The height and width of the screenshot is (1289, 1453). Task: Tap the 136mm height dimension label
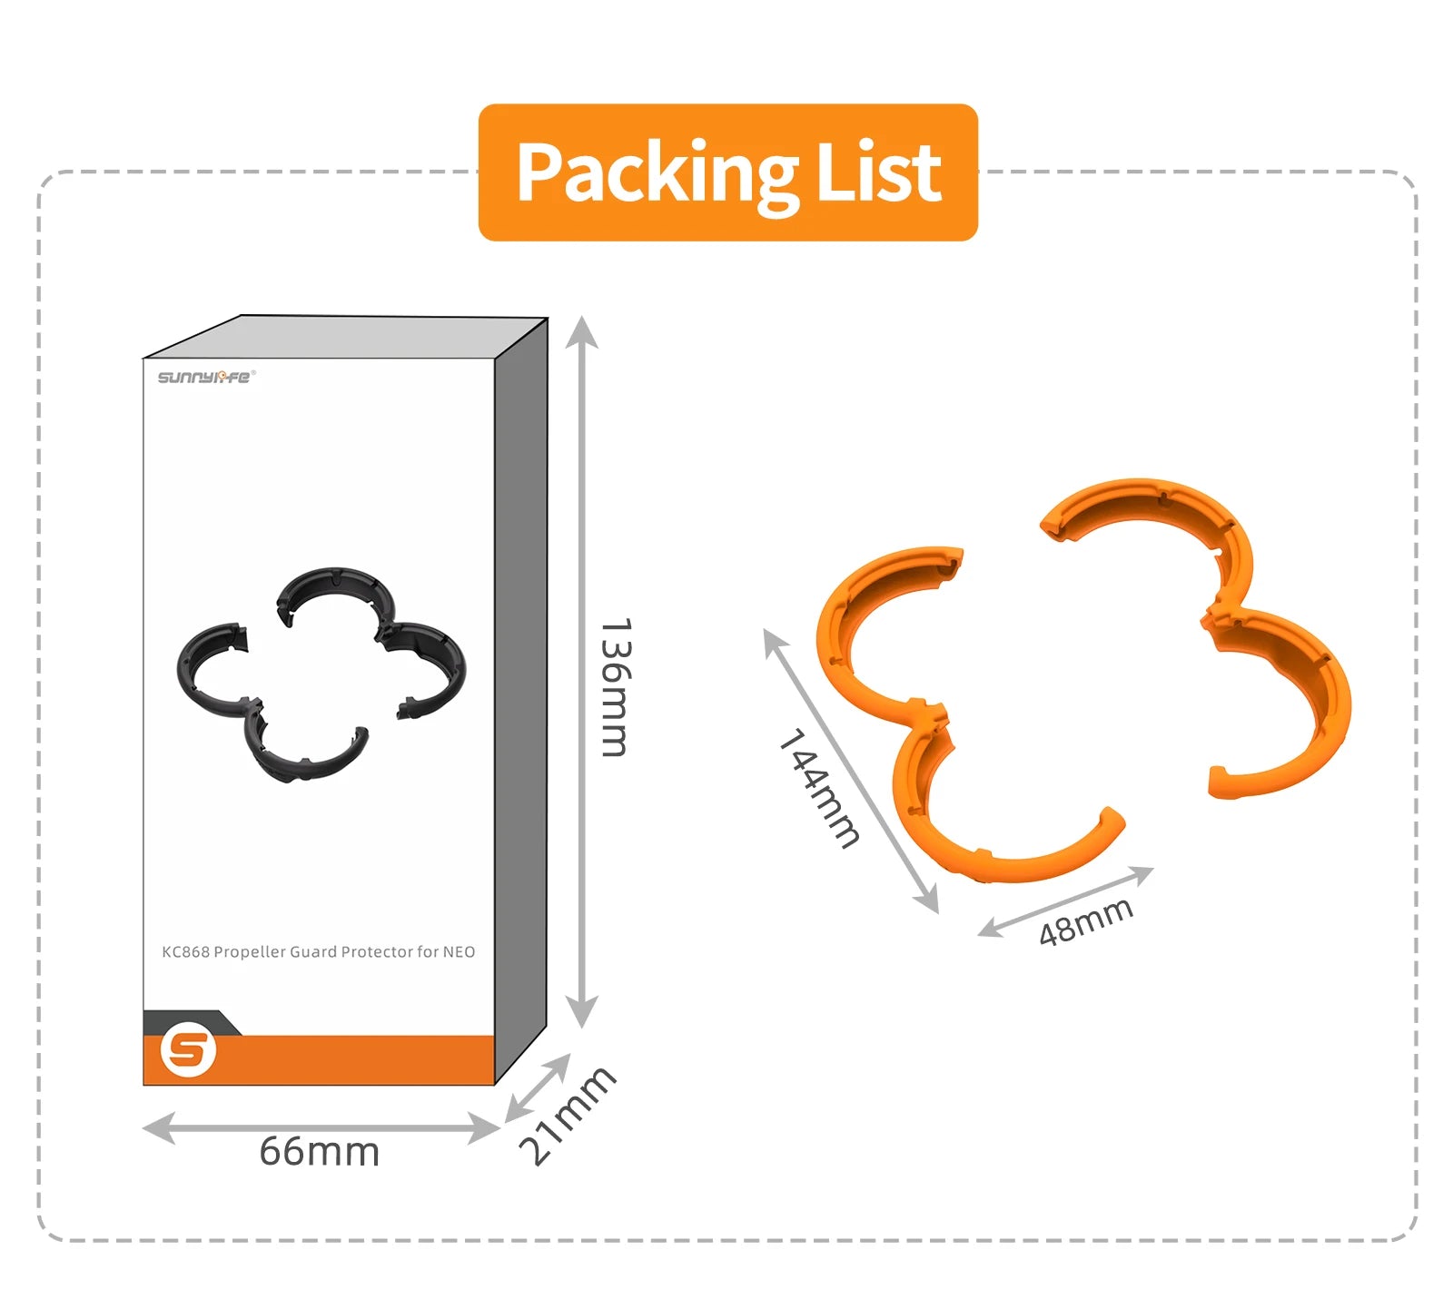coord(615,687)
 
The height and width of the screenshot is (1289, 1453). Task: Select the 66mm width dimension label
coord(319,1152)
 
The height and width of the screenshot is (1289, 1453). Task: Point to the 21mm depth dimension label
coord(566,1116)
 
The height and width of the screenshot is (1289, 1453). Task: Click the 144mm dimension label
coord(818,788)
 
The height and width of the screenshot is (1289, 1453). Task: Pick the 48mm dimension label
coord(1086,920)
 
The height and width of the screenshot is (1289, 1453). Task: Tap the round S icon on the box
coord(188,1051)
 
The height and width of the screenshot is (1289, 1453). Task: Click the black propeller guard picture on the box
coord(320,673)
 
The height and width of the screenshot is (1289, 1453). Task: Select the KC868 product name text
coord(318,951)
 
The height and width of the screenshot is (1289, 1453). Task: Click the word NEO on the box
coord(459,951)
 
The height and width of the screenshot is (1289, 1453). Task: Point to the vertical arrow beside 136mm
coord(581,672)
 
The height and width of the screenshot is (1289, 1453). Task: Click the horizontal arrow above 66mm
coord(321,1128)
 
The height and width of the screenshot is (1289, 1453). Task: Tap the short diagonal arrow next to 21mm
coord(538,1087)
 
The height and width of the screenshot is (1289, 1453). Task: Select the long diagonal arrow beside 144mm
coord(851,770)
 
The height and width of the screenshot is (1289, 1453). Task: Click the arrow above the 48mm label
coord(1065,901)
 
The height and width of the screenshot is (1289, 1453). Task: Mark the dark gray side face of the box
coord(521,699)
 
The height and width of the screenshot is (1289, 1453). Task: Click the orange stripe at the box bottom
coord(354,1059)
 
